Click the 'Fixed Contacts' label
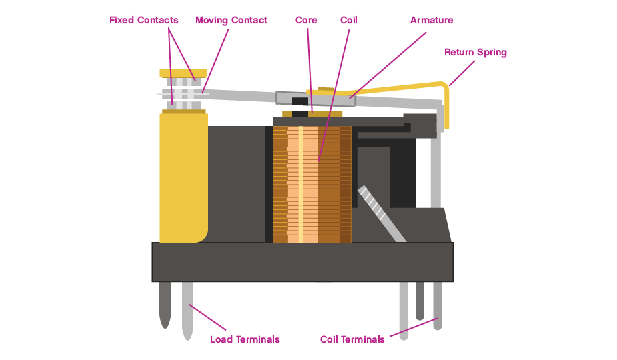coord(143,20)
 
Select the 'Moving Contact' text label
coord(231,20)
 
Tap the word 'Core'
coord(306,20)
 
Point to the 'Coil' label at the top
coord(348,20)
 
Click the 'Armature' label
coord(432,20)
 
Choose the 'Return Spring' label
coord(476,52)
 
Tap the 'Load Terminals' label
coord(245,339)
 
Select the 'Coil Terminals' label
coord(352,339)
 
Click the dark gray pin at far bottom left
coord(165,303)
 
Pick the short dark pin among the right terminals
coord(420,300)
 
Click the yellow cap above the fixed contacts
coord(183,73)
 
